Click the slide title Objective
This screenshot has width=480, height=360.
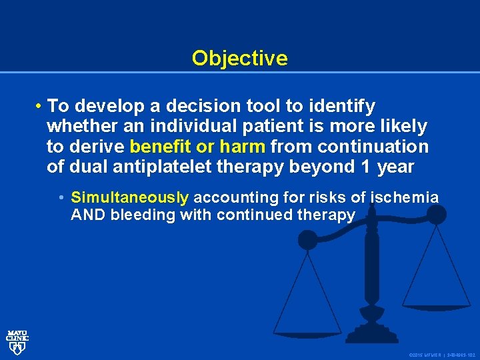[x=239, y=59]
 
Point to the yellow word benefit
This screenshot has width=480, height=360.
[x=160, y=147]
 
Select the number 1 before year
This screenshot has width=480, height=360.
[x=363, y=167]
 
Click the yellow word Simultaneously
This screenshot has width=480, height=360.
[x=130, y=197]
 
